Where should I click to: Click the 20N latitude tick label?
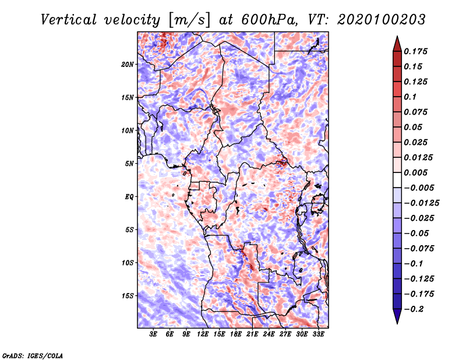[127, 65]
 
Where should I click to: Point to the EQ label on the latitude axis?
[129, 197]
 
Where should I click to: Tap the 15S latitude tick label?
[127, 296]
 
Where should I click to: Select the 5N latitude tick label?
[129, 164]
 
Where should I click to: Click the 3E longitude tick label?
[153, 334]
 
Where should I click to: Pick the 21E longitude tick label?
[252, 334]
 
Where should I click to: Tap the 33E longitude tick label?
[318, 334]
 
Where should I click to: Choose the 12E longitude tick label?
[202, 334]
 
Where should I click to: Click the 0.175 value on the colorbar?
[415, 51]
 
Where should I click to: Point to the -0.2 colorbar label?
[414, 309]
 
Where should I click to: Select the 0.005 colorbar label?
[415, 172]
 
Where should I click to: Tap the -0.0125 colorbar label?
[421, 203]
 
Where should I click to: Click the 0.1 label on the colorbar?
[410, 97]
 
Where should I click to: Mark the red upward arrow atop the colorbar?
[397, 44]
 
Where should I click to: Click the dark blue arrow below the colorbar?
[397, 316]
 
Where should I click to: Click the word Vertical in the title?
[68, 20]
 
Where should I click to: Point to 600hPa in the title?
[269, 20]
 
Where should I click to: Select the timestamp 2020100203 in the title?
[382, 20]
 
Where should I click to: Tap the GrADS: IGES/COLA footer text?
[33, 356]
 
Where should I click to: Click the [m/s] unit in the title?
[189, 20]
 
